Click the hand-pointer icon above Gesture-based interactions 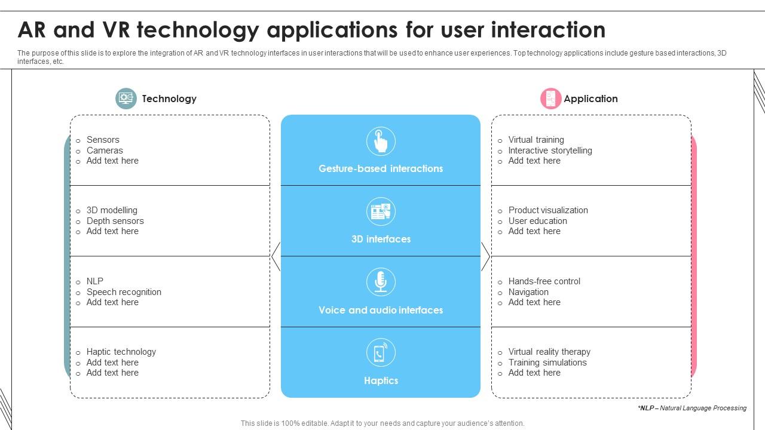[381, 142]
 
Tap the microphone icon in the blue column [381, 282]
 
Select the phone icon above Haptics [381, 352]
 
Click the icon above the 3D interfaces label [381, 211]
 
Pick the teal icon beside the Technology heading [126, 99]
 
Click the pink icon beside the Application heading [550, 99]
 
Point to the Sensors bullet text [103, 140]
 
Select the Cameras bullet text [105, 150]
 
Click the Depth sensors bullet [115, 221]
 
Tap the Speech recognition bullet [124, 292]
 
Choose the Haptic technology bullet [121, 352]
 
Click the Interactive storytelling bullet [550, 150]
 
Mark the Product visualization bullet [548, 210]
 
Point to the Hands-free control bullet [544, 281]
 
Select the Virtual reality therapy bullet [549, 352]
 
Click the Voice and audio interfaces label [381, 310]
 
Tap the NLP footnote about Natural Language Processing [691, 408]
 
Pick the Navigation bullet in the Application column [528, 292]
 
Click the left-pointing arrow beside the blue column [276, 257]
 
